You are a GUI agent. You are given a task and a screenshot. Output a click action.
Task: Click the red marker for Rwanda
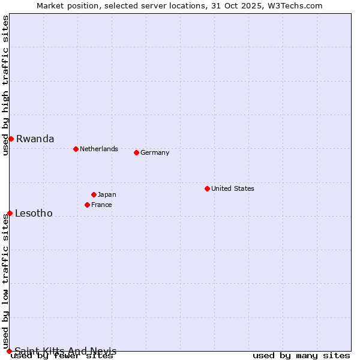tap(11, 139)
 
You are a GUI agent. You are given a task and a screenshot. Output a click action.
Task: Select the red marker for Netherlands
tap(76, 149)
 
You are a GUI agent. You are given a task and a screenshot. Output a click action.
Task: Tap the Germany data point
tap(136, 152)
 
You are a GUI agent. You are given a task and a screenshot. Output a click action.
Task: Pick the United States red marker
tap(207, 188)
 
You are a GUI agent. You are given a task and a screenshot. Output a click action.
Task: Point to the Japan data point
tap(94, 194)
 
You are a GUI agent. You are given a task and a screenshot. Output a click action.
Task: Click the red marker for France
tap(87, 205)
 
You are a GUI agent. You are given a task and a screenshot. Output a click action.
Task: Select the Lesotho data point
tap(10, 213)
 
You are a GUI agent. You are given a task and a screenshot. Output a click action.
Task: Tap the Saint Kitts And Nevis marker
tap(9, 351)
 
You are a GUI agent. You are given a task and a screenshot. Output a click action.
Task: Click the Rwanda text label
tap(35, 139)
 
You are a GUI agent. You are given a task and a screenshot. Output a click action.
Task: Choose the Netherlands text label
tap(99, 149)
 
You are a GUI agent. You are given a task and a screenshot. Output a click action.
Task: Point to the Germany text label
tap(155, 152)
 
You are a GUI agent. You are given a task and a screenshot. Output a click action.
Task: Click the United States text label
tap(233, 188)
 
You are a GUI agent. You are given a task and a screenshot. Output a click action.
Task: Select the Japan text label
tap(107, 194)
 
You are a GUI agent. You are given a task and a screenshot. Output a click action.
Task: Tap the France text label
tap(101, 205)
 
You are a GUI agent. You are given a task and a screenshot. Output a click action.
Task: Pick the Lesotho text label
tap(34, 213)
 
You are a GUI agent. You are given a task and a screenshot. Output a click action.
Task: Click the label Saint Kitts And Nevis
tap(65, 351)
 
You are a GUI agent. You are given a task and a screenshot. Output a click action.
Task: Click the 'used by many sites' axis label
tap(301, 356)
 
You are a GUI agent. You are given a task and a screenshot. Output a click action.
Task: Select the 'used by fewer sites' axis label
tap(62, 356)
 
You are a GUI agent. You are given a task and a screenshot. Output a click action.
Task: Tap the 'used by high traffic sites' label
tap(5, 85)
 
